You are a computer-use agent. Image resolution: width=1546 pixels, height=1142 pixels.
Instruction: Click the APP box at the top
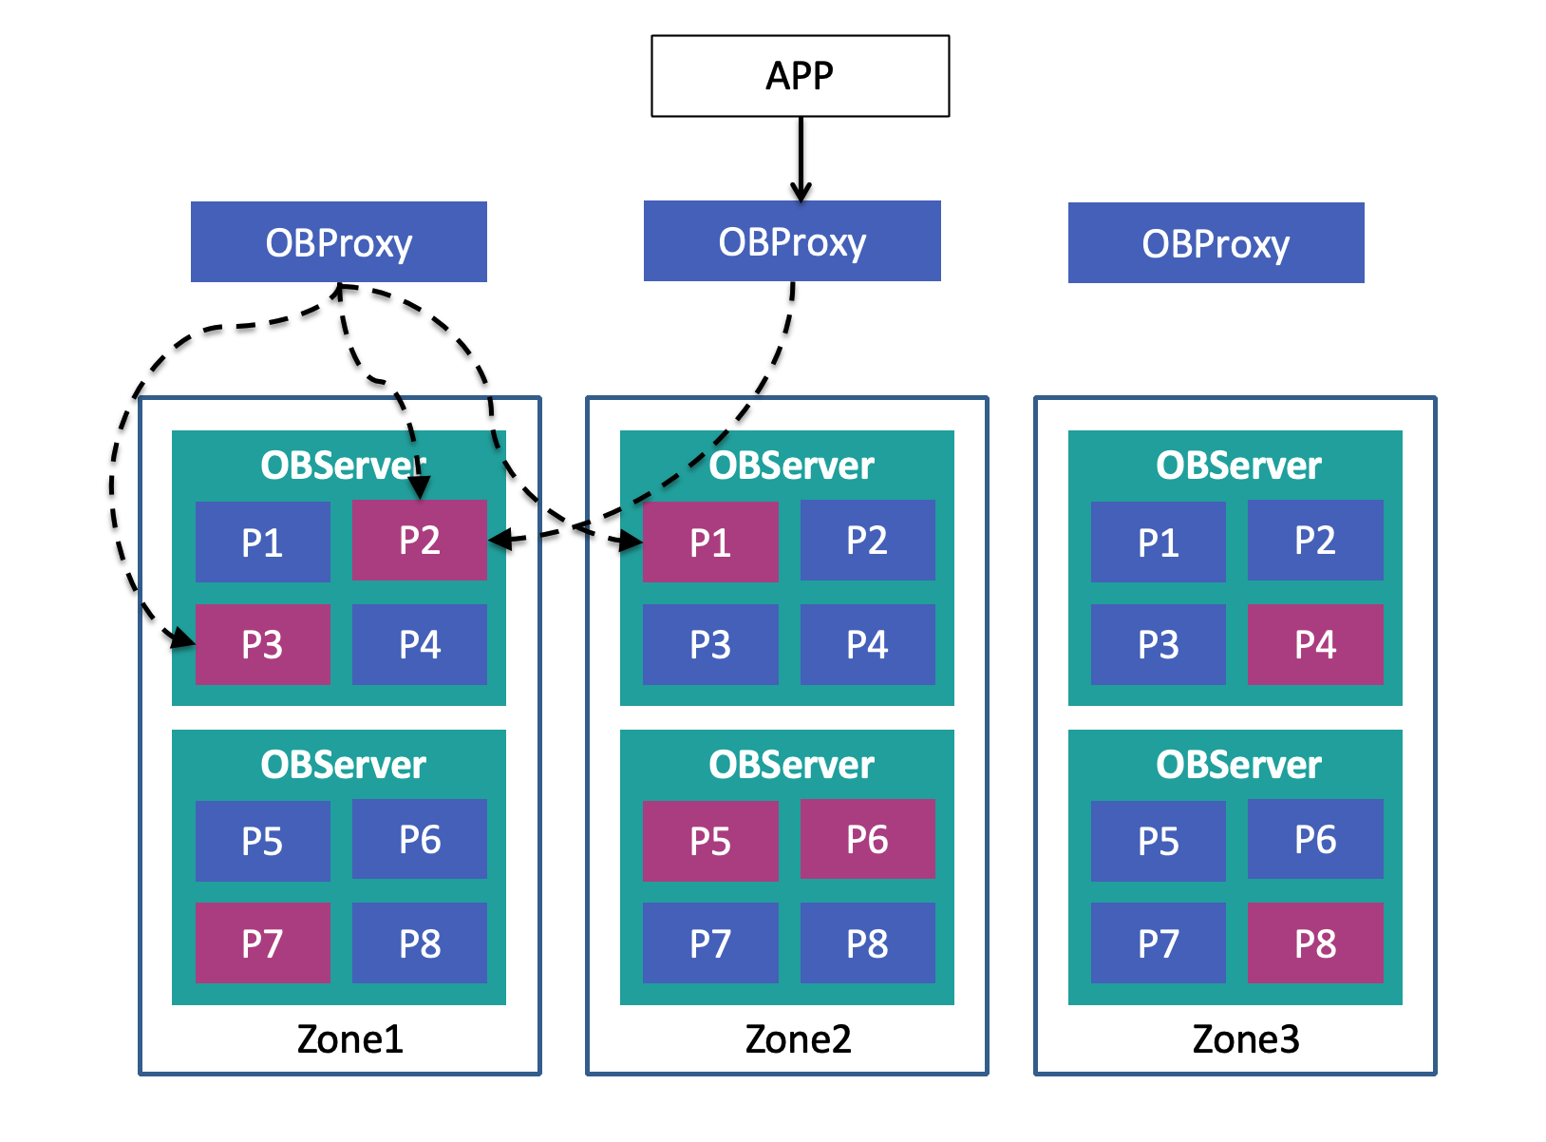800,76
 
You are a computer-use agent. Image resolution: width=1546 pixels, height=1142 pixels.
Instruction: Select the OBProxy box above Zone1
338,242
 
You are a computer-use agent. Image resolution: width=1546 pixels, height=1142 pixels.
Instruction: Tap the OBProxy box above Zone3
1216,243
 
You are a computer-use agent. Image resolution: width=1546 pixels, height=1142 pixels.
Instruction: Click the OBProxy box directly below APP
792,241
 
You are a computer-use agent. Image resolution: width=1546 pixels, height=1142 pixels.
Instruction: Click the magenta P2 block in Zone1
419,541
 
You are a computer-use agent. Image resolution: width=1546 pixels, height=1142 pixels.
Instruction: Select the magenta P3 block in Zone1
262,645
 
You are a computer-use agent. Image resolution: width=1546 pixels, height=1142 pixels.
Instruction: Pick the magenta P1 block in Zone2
709,542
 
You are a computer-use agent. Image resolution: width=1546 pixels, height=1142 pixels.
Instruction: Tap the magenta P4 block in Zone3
1314,645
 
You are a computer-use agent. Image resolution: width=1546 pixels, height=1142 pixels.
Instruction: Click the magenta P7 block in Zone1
262,943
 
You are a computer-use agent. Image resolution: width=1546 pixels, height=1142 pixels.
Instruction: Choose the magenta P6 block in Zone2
867,840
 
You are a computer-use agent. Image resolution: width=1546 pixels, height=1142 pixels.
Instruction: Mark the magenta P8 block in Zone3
1314,943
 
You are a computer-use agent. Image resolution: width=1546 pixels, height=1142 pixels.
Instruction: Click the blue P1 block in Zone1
262,542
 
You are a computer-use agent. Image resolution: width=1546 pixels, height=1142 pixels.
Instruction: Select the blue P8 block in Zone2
867,943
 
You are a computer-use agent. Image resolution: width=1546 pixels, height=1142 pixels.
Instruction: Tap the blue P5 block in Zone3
1158,841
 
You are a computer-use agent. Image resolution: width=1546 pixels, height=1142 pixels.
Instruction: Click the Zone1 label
349,1039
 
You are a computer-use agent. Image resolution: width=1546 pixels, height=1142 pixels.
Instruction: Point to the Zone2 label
798,1039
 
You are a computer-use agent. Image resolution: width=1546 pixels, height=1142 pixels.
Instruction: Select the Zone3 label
1245,1039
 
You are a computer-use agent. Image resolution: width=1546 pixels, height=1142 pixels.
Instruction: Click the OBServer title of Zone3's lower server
1237,765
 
